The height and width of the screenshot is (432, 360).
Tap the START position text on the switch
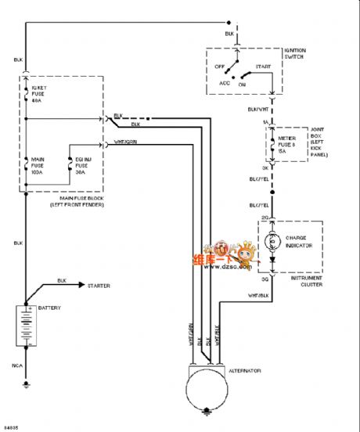pyautogui.click(x=264, y=67)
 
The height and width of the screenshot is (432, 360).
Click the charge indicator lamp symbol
pyautogui.click(x=272, y=239)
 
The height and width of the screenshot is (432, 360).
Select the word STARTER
pyautogui.click(x=100, y=286)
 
